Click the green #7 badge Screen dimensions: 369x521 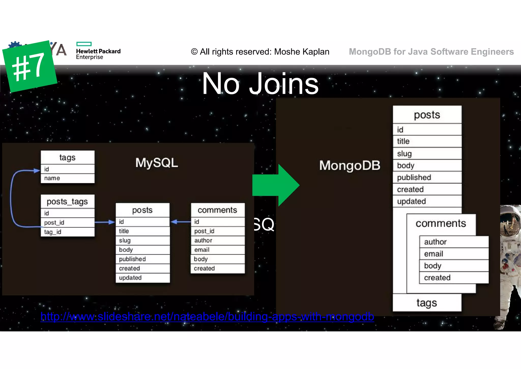tap(29, 66)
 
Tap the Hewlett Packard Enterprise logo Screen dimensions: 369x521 tap(98, 51)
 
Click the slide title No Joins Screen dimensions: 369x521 tap(260, 84)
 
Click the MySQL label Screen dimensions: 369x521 tap(156, 163)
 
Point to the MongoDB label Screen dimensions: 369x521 tap(350, 165)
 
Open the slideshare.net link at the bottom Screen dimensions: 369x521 tap(207, 317)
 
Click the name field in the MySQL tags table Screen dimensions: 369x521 tap(67, 178)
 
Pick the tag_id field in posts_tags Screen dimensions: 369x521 tap(67, 232)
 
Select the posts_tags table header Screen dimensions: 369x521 tap(67, 202)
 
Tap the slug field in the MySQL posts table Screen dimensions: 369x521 tap(142, 240)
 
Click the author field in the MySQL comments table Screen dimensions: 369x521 tap(218, 240)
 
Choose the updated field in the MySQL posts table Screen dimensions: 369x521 tap(142, 278)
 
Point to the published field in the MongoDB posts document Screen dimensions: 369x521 tap(427, 177)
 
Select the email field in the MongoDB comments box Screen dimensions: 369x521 tap(454, 254)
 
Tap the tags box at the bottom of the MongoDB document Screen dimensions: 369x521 tap(427, 303)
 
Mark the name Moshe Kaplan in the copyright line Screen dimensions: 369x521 tap(302, 52)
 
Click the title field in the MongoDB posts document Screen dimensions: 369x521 tap(427, 141)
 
